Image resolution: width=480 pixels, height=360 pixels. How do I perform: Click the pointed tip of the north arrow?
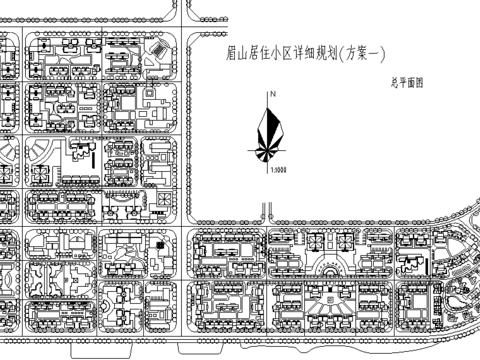point(270,103)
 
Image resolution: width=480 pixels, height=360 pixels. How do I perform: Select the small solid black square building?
point(158,245)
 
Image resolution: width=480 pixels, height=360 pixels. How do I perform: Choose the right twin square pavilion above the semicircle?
point(348,241)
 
